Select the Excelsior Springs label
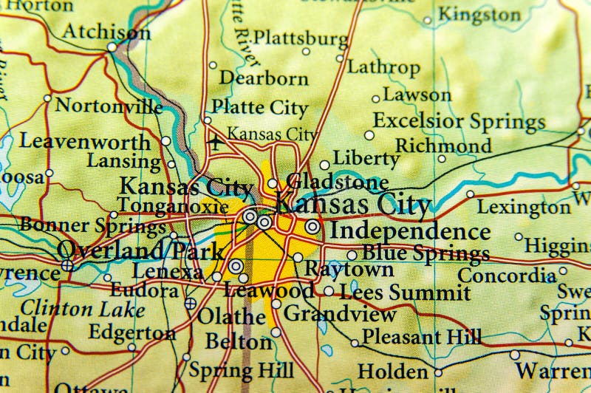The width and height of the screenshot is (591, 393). point(459,120)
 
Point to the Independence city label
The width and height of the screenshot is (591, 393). point(409,230)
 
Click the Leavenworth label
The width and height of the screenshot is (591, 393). point(84,141)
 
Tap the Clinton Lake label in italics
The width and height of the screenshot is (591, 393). point(72,307)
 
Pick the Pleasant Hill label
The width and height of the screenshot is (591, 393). point(421,338)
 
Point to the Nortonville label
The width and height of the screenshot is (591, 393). point(109,106)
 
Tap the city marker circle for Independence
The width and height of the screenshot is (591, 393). point(312,226)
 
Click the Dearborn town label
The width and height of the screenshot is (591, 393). point(263,78)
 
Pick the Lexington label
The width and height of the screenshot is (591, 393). point(524,207)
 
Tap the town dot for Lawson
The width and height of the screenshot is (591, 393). point(375,98)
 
